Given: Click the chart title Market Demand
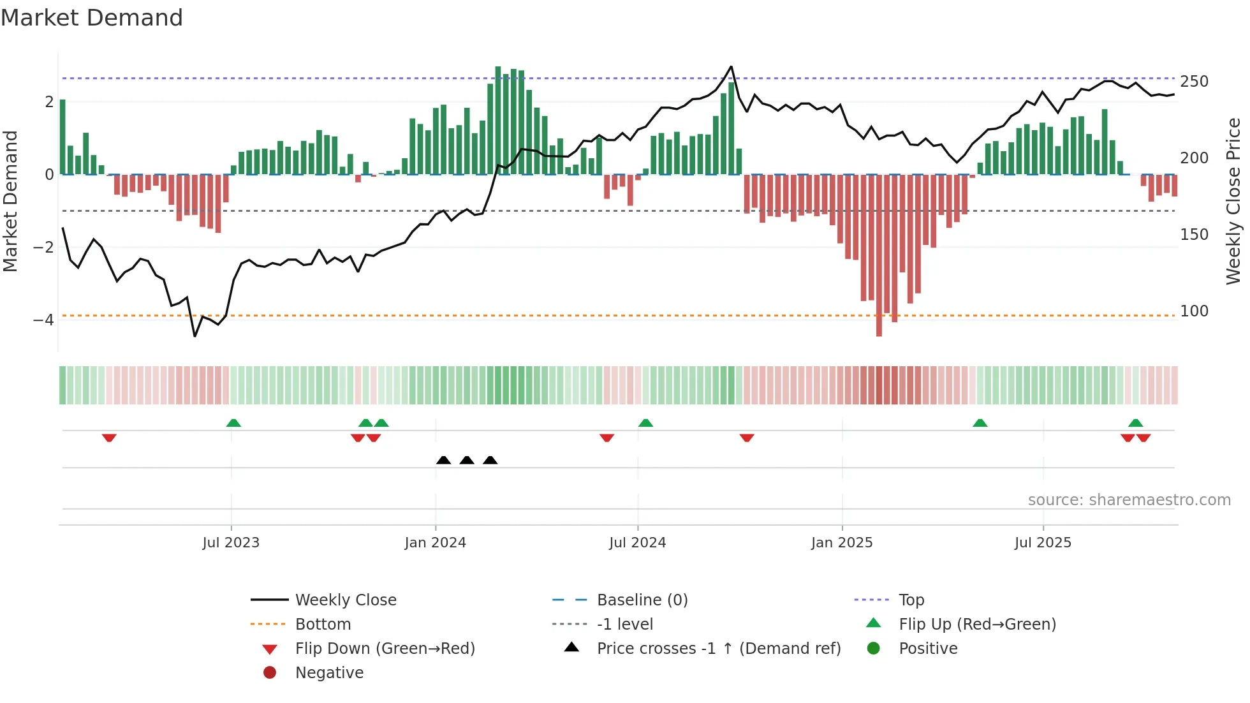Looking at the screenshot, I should [92, 18].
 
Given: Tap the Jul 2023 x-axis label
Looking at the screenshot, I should [231, 543].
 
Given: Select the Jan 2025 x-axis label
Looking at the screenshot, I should [842, 543].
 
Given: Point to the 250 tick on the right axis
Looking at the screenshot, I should [1194, 82].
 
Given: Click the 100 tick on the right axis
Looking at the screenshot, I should [1194, 311].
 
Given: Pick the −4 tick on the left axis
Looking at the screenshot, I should [43, 320].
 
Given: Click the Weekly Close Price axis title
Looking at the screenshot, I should [1233, 201].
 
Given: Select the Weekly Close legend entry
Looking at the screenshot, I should [345, 600].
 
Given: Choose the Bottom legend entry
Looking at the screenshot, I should [323, 625].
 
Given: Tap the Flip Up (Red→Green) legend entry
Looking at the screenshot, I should [977, 625].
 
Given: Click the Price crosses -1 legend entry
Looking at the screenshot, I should [718, 649].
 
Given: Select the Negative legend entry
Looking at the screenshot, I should [329, 673].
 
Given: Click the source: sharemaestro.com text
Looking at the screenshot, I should [1129, 500].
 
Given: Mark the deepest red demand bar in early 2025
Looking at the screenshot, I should [879, 255].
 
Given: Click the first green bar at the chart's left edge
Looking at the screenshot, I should [62, 137].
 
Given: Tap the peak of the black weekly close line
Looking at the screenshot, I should [731, 66].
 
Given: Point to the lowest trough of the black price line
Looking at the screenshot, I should [195, 336].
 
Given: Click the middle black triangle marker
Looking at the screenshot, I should [467, 460].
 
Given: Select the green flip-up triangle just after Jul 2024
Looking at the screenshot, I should [645, 422].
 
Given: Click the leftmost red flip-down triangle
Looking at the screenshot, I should [109, 438].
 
